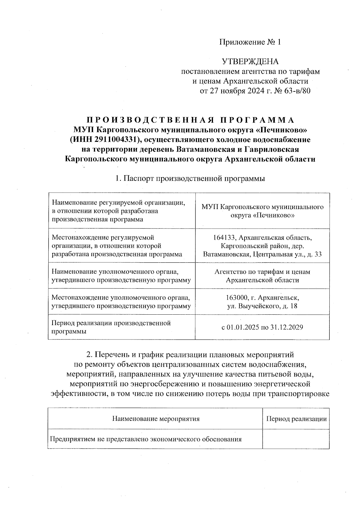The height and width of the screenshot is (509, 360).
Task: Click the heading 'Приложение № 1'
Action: [250, 42]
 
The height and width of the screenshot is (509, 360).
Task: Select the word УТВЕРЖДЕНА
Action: [250, 62]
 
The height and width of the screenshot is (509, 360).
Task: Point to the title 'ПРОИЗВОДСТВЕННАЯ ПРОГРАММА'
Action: [190, 120]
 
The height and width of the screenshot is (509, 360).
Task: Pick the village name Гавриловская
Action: [277, 149]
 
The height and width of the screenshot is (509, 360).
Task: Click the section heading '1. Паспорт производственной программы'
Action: [190, 178]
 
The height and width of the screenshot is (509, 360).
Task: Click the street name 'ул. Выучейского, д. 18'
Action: [262, 306]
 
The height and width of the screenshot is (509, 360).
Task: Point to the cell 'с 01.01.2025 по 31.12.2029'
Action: [262, 327]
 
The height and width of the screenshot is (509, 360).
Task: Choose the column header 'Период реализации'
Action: [296, 419]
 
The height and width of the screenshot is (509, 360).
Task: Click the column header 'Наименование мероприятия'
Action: [155, 419]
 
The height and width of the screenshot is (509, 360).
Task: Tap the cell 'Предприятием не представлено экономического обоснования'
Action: [146, 439]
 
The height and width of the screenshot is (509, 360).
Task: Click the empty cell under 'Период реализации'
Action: [296, 439]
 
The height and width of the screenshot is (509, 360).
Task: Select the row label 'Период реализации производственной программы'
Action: [112, 327]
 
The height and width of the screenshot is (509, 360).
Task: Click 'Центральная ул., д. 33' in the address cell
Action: [287, 254]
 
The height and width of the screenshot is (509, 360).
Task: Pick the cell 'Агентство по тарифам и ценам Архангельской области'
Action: [262, 276]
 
